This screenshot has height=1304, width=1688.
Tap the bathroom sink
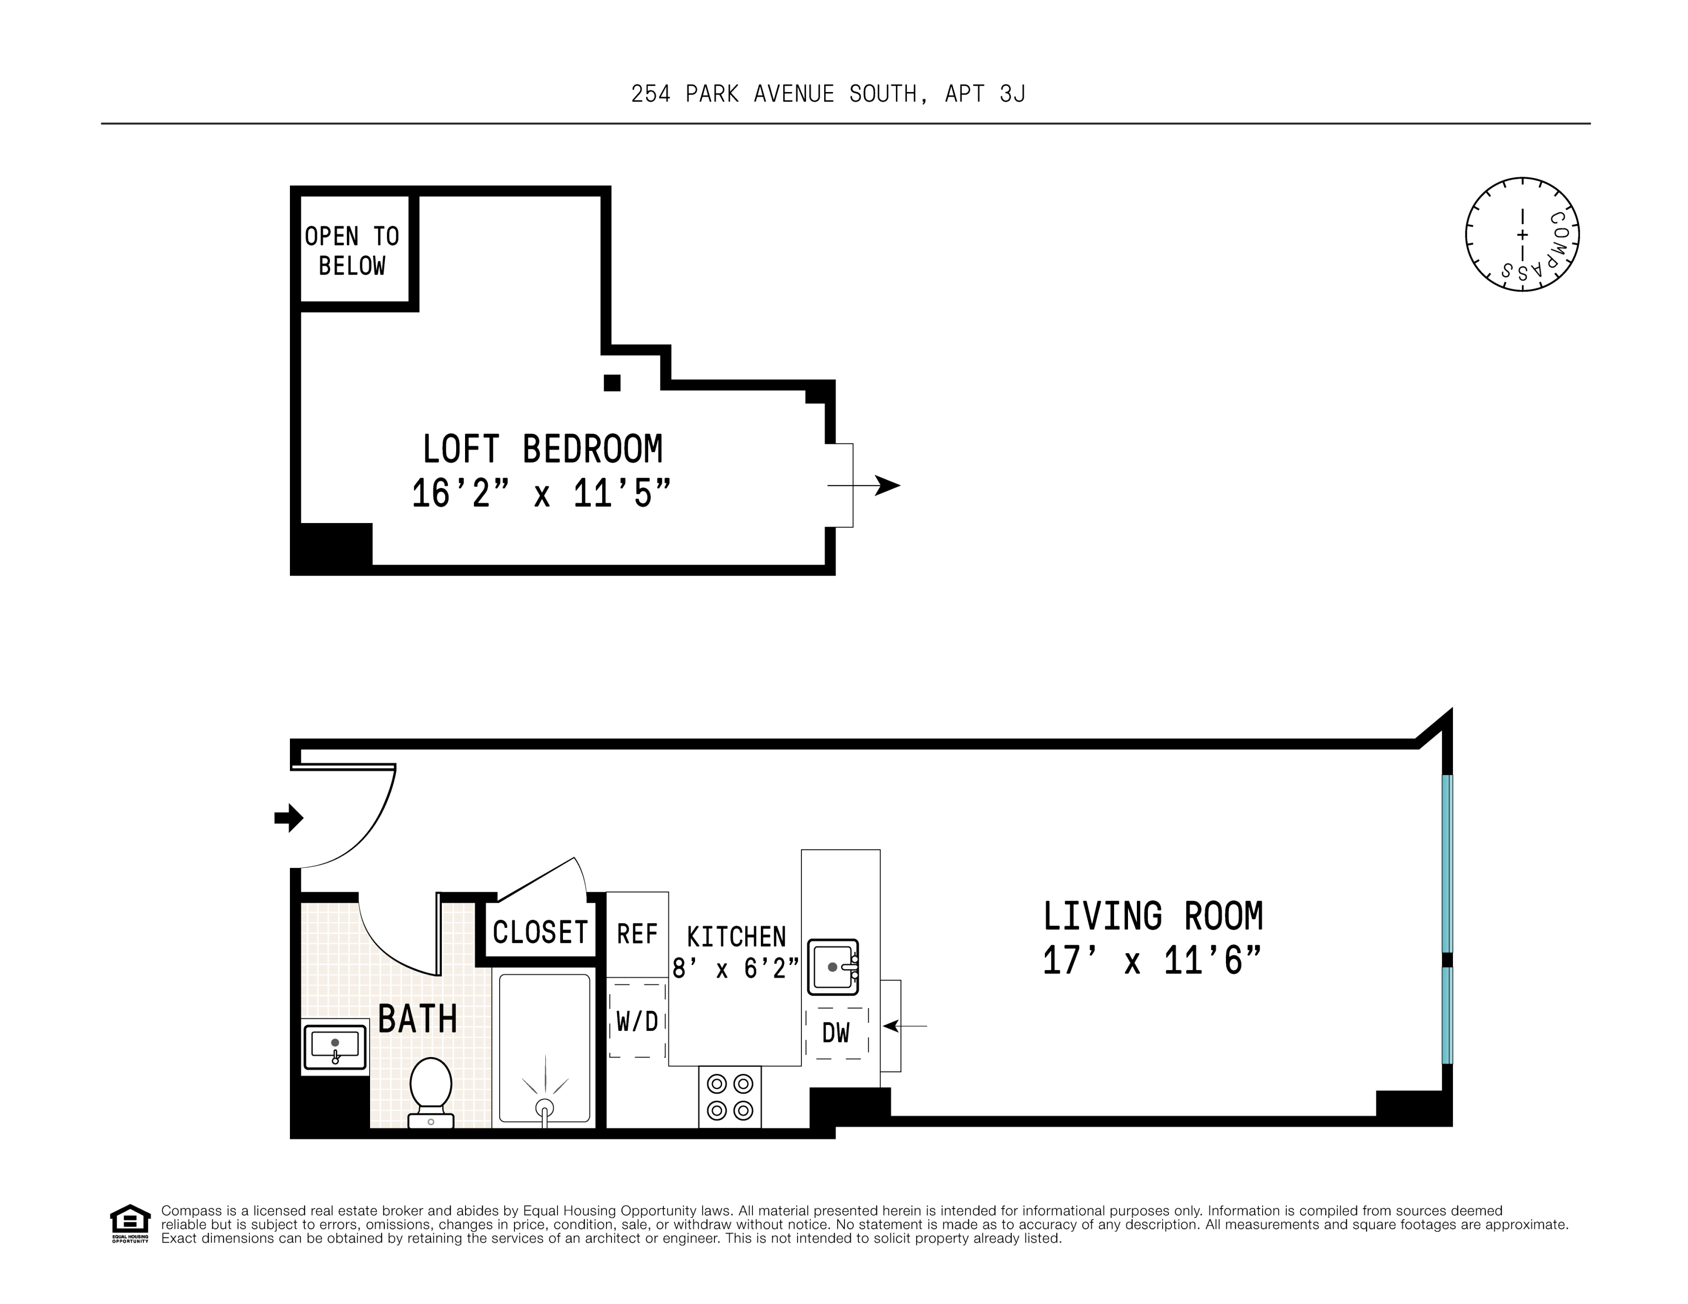tap(334, 1047)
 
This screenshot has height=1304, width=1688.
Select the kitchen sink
tap(833, 967)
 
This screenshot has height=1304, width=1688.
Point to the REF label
tap(637, 934)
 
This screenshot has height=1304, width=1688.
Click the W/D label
tap(637, 1022)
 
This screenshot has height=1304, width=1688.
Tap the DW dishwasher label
tap(836, 1033)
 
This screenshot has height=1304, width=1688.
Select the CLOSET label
tap(540, 932)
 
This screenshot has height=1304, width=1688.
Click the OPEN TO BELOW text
tap(352, 250)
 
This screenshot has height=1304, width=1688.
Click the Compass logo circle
tap(1522, 234)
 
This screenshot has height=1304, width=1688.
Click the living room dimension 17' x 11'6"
tap(1152, 961)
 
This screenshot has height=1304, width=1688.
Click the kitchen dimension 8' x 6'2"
tap(734, 968)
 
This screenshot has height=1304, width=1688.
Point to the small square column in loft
tap(612, 383)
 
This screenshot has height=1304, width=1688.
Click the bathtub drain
tap(545, 1108)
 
